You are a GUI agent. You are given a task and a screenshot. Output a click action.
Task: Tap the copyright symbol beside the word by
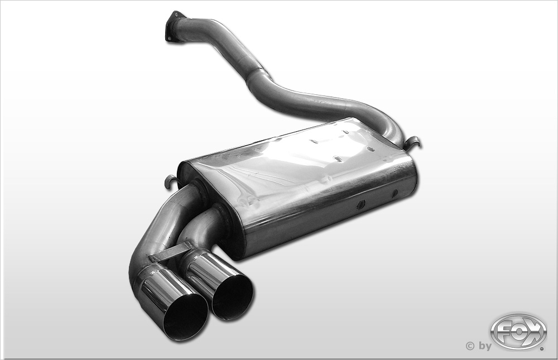(470, 345)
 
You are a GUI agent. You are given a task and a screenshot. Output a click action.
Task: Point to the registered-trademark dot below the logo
(543, 349)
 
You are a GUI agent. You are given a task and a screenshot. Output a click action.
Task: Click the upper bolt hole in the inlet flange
(175, 15)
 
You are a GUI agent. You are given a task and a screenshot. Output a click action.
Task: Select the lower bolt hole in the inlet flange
(170, 37)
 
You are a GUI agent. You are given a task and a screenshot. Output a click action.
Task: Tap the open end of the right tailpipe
(233, 297)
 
